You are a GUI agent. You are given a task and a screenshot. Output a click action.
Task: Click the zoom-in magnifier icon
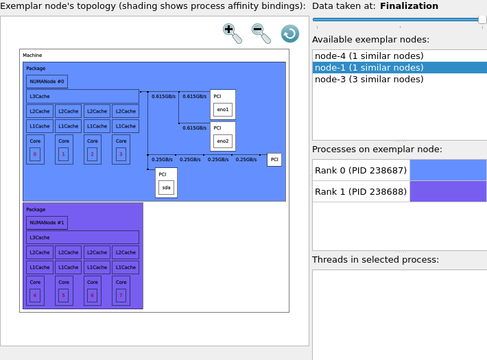[x=232, y=34]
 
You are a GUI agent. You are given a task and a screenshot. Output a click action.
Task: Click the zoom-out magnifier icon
[x=261, y=34]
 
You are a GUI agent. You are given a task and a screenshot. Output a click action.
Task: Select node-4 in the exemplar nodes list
[x=369, y=56]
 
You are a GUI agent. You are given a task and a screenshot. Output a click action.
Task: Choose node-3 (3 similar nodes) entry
[x=369, y=80]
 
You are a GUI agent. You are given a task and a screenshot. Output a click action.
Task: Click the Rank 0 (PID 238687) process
[x=361, y=170]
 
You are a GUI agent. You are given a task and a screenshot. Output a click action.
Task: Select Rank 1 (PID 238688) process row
[x=361, y=191]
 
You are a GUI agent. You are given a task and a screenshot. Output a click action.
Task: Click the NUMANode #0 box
[x=47, y=82]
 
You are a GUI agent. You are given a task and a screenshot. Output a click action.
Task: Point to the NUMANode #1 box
[x=47, y=223]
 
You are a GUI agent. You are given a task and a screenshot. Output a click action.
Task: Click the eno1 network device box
[x=223, y=110]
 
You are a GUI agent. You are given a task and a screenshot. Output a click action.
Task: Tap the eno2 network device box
[x=223, y=141]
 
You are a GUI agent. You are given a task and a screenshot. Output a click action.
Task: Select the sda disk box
[x=166, y=188]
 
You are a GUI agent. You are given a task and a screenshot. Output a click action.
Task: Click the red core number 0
[x=35, y=154]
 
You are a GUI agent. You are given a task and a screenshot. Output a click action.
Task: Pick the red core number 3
[x=121, y=154]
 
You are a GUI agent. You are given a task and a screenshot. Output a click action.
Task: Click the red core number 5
[x=63, y=296]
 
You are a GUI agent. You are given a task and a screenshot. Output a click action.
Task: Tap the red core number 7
[x=121, y=296]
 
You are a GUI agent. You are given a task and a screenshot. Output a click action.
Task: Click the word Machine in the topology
[x=32, y=56]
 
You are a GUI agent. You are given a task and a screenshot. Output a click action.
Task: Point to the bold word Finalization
[x=409, y=6]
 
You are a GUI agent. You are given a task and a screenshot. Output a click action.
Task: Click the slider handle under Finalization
[x=482, y=20]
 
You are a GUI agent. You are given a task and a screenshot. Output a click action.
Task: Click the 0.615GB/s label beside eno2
[x=194, y=128]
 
